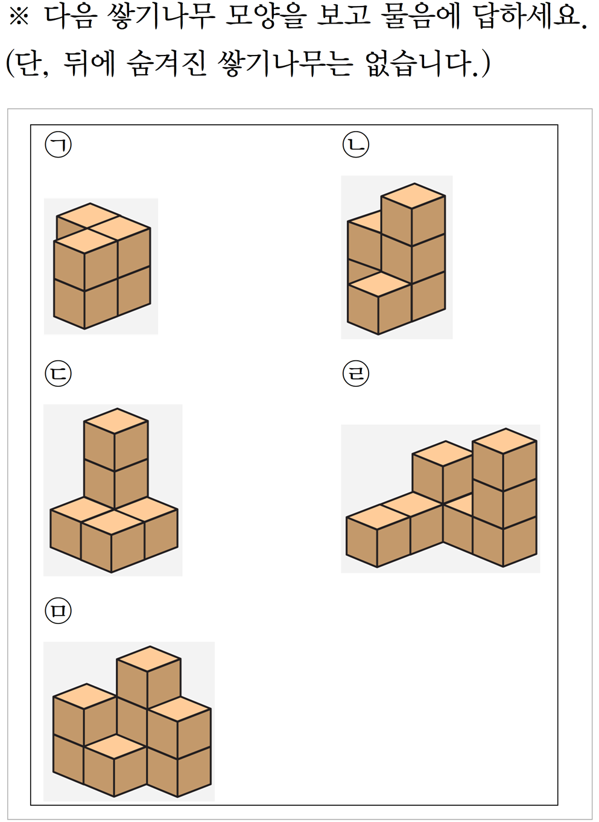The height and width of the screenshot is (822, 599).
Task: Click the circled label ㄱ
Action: (x=58, y=145)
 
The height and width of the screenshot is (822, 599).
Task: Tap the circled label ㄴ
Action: (x=356, y=145)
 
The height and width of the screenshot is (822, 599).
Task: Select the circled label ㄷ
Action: (x=58, y=374)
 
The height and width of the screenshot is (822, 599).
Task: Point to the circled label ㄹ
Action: (x=356, y=374)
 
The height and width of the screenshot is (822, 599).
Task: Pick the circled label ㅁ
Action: (x=58, y=611)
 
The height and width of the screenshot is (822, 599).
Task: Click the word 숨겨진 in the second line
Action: (x=166, y=63)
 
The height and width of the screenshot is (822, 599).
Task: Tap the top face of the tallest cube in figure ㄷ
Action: (x=116, y=421)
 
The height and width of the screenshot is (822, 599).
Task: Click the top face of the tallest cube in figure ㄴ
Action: (x=413, y=196)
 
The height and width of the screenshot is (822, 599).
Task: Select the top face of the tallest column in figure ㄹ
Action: (x=505, y=441)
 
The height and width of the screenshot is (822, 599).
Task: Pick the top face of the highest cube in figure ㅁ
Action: (x=148, y=658)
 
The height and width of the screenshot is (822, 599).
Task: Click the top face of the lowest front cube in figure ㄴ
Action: (x=379, y=284)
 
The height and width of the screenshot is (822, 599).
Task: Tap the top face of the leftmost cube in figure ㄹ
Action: (x=378, y=517)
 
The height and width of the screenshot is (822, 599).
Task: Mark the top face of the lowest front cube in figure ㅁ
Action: (x=115, y=747)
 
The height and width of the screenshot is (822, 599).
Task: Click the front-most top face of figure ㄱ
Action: (x=86, y=241)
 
